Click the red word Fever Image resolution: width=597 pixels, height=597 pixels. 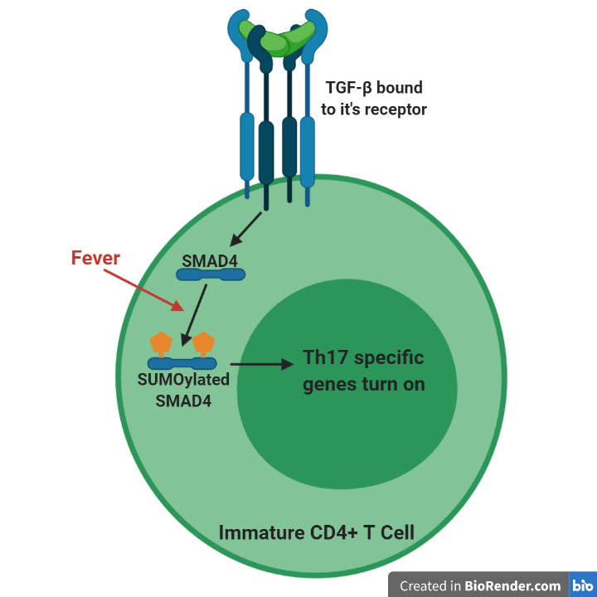(x=95, y=258)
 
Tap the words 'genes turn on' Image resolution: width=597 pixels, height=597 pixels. (x=363, y=384)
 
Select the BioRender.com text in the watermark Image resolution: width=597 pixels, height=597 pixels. (x=512, y=585)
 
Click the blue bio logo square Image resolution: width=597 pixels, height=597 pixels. (x=582, y=585)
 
